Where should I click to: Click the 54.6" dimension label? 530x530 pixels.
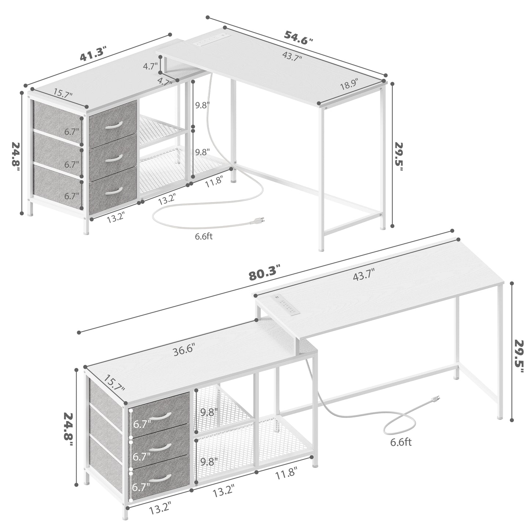(x=299, y=38)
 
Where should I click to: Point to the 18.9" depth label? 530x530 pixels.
(x=349, y=84)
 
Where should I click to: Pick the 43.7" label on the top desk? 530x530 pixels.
(x=292, y=56)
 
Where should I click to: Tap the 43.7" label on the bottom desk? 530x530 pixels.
(x=364, y=275)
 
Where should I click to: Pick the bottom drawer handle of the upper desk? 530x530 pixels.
(x=114, y=190)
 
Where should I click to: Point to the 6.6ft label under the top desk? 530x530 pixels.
(x=204, y=236)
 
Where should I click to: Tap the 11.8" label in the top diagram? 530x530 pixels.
(x=214, y=182)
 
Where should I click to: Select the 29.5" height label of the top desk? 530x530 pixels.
(x=399, y=157)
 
